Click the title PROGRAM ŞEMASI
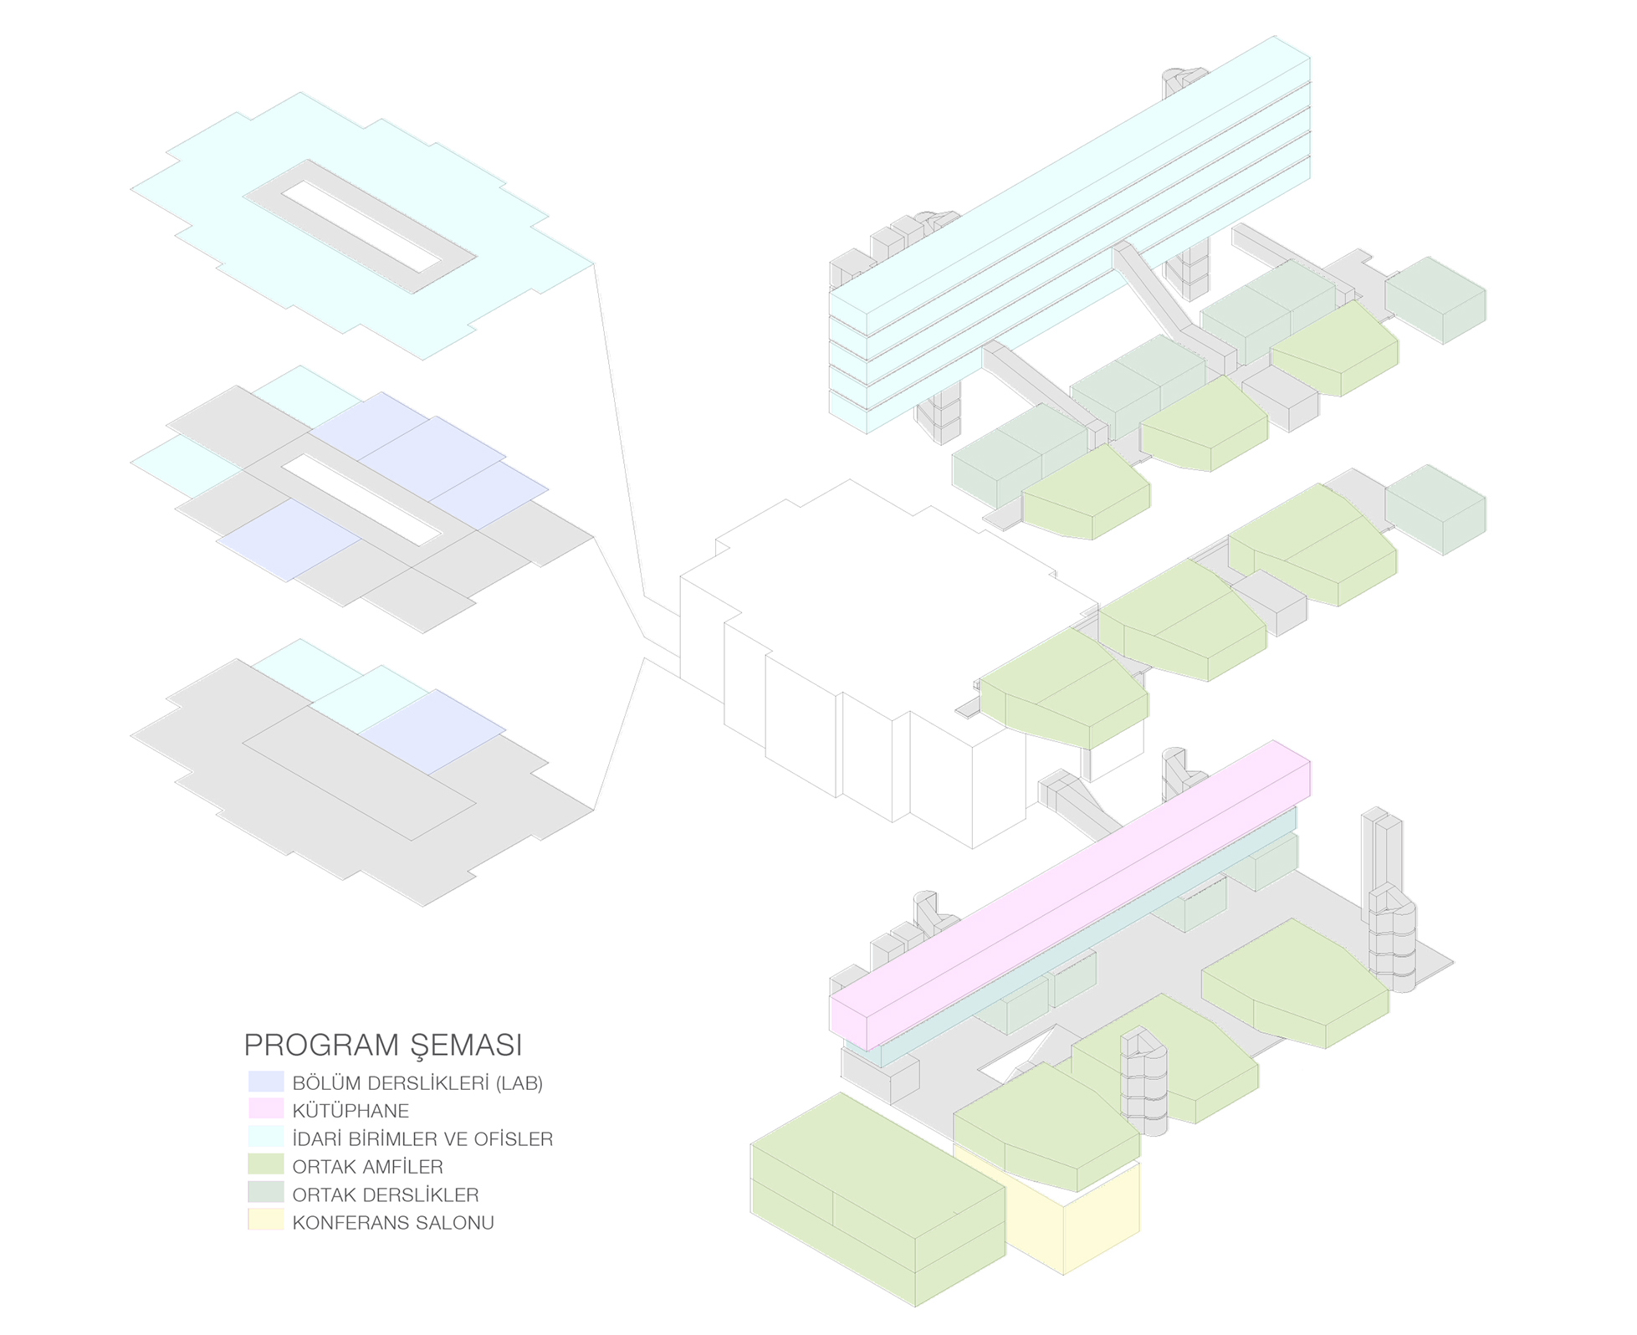382,1045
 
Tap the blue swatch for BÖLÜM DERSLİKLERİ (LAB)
266,1082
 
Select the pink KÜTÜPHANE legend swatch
266,1109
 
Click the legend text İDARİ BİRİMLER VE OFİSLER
422,1138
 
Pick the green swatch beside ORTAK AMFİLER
266,1165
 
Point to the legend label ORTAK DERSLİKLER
385,1194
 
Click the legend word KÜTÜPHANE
350,1111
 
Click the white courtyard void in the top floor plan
360,227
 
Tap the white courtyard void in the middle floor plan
360,499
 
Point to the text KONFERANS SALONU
392,1222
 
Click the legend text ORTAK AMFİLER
367,1166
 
